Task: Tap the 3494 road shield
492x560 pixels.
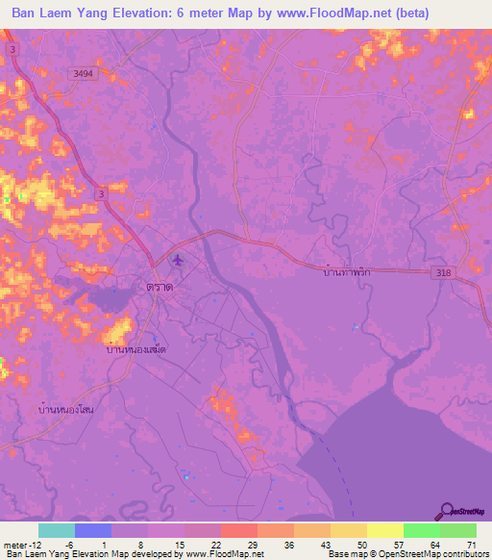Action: coord(84,73)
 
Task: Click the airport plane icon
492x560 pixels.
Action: coord(177,259)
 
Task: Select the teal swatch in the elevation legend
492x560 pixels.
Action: coord(57,530)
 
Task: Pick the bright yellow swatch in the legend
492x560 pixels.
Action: coord(384,530)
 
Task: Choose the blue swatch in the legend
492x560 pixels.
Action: coord(93,530)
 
